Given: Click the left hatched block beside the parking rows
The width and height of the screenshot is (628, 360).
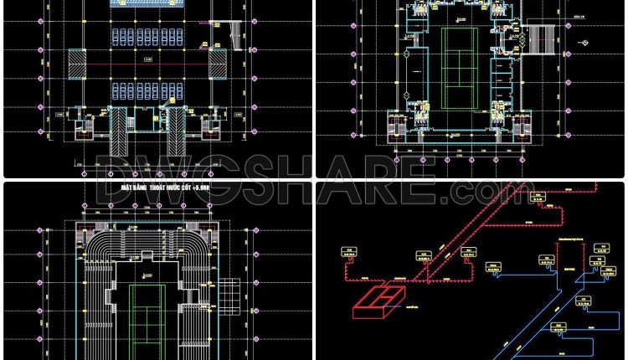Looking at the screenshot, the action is point(75,63).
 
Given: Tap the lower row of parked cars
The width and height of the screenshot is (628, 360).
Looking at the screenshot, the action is point(147,89).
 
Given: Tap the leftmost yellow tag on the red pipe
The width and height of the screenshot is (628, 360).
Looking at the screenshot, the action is point(347,249).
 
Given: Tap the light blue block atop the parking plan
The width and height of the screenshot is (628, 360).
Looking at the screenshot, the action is point(147,4).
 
